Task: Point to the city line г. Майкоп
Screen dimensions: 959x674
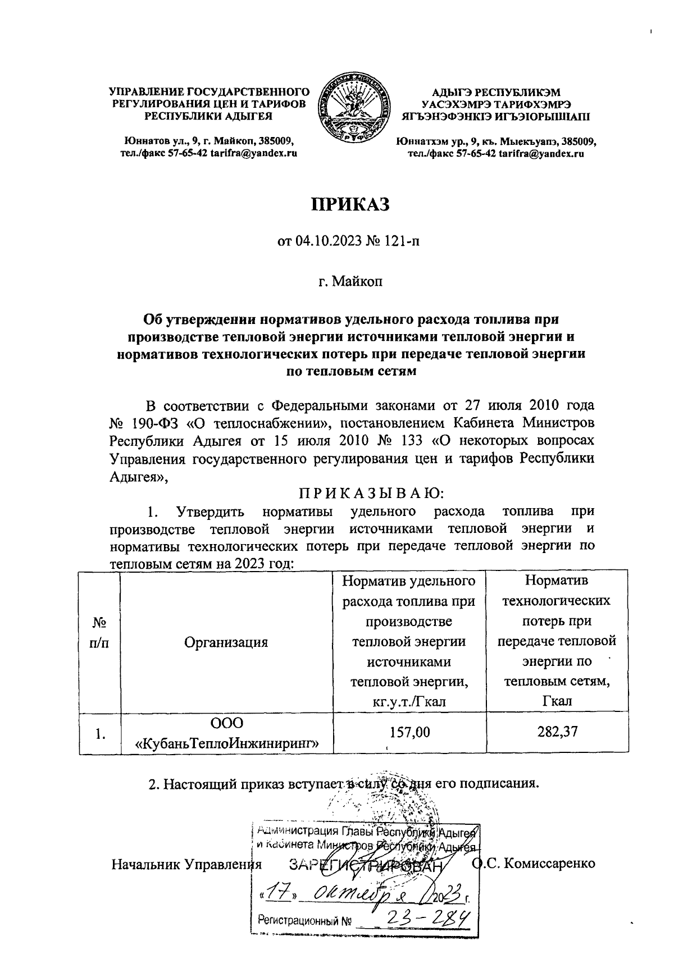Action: pos(350,280)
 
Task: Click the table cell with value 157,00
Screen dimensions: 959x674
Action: pos(409,732)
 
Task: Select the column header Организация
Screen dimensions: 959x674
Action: pos(226,642)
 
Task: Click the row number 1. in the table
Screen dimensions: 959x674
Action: pos(100,734)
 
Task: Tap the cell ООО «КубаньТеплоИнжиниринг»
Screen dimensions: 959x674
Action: pos(227,734)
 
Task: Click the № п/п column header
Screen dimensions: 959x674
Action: pos(99,633)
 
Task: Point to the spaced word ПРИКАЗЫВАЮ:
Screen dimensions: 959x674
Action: pos(371,494)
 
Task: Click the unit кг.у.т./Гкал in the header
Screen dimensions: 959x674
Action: pos(409,702)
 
